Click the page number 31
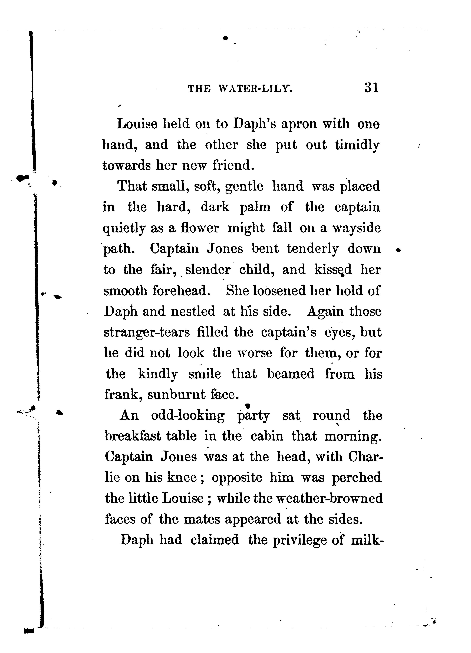click(371, 88)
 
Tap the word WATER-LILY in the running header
click(256, 88)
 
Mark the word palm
click(255, 208)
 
